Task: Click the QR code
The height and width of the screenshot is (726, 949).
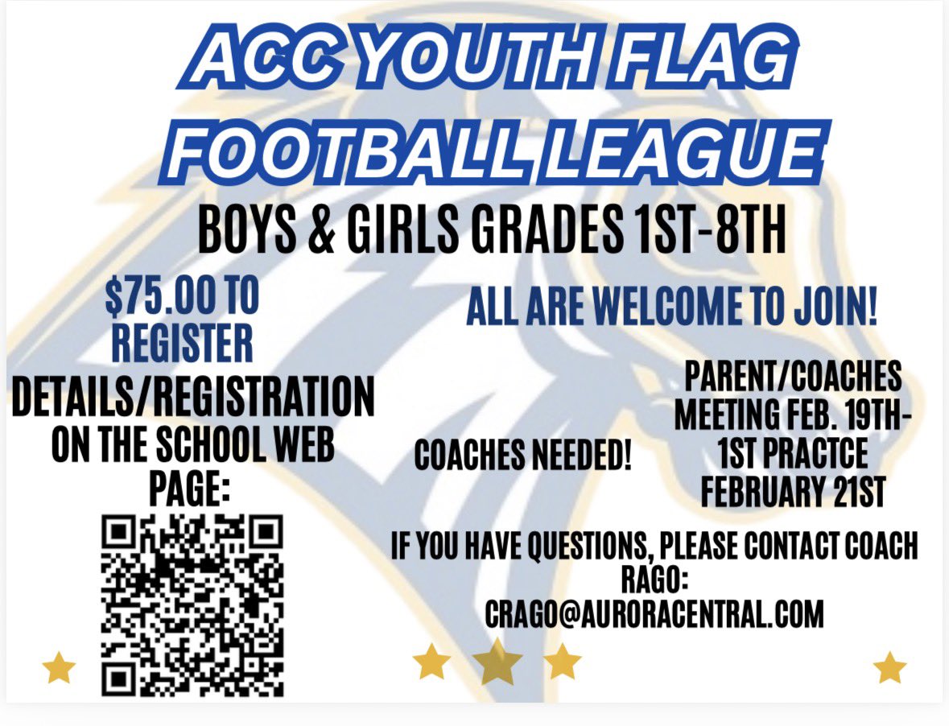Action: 193,605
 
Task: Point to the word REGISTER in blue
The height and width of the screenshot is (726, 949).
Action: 182,344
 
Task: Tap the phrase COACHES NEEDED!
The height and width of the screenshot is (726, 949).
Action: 523,457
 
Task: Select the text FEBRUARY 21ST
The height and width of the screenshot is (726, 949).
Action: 793,492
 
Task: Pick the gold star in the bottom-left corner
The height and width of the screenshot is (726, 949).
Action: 59,668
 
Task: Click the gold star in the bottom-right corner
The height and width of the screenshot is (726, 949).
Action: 889,667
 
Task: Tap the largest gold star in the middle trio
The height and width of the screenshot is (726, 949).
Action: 497,662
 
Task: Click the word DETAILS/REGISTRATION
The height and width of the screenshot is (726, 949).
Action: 193,400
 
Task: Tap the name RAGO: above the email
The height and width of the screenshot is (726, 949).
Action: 654,581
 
